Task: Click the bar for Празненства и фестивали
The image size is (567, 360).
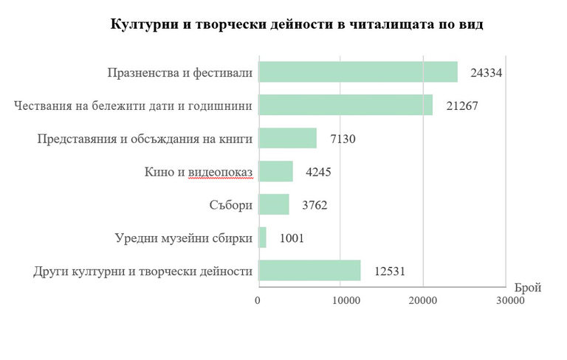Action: pos(357,72)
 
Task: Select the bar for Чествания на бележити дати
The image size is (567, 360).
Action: pos(345,105)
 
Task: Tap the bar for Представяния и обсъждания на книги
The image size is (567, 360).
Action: pos(287,139)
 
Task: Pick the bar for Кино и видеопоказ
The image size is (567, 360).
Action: pos(275,172)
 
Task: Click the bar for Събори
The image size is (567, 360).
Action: pos(273,204)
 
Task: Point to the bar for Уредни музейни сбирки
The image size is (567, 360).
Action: pos(262,238)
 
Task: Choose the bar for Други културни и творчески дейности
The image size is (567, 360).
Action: pos(309,271)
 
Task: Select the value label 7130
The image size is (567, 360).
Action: pos(343,139)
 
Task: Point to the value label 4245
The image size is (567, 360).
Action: pos(320,172)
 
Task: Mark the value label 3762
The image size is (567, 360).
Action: pos(315,204)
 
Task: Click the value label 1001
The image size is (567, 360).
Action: pos(292,238)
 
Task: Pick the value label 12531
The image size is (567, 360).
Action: pos(390,271)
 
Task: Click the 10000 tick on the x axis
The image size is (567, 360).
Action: pos(340,301)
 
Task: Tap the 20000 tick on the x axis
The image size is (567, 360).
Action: pos(422,301)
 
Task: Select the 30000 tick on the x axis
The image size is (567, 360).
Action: pos(506,301)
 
